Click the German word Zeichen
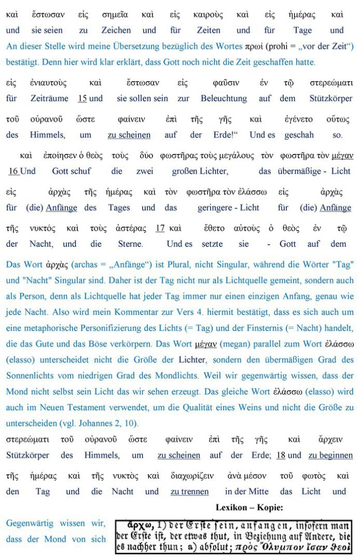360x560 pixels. pyautogui.click(x=116, y=30)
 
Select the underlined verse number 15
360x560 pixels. pyautogui.click(x=82, y=98)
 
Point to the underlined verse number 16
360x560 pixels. pyautogui.click(x=13, y=171)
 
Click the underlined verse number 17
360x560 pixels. pyautogui.click(x=160, y=228)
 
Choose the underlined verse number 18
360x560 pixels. pyautogui.click(x=281, y=455)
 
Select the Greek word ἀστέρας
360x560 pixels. pyautogui.click(x=131, y=228)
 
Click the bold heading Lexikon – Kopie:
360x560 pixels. pyautogui.click(x=249, y=507)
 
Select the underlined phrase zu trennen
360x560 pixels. pyautogui.click(x=190, y=491)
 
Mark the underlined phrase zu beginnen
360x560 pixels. pyautogui.click(x=330, y=455)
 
